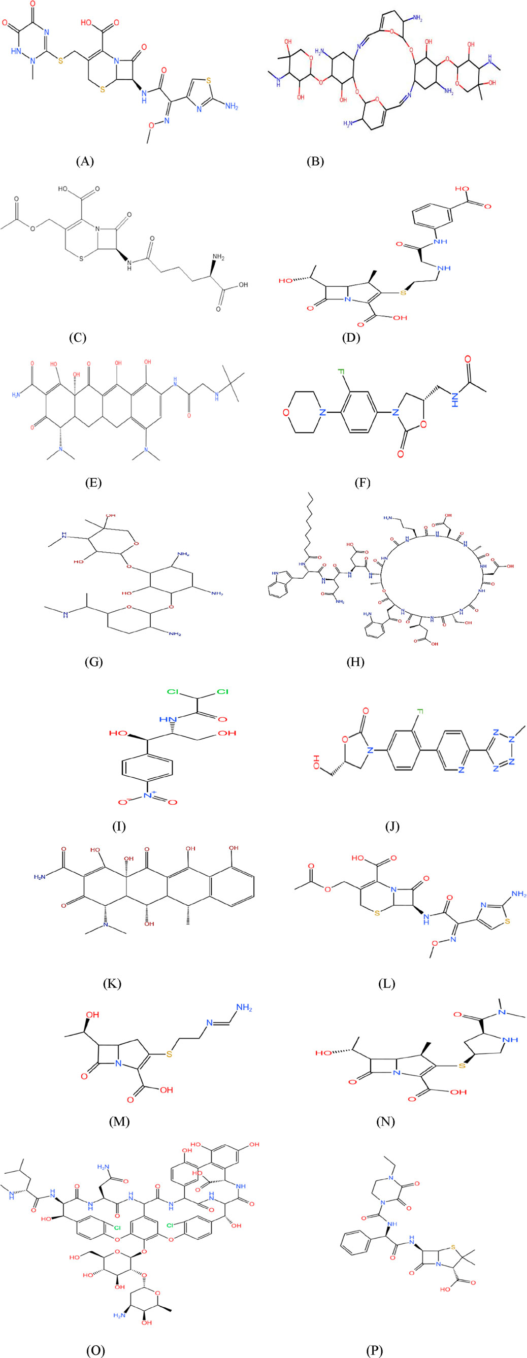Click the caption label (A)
coord(84,161)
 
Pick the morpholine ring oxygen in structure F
coord(286,412)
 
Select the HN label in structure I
coord(167,718)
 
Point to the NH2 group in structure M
coord(244,1008)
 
